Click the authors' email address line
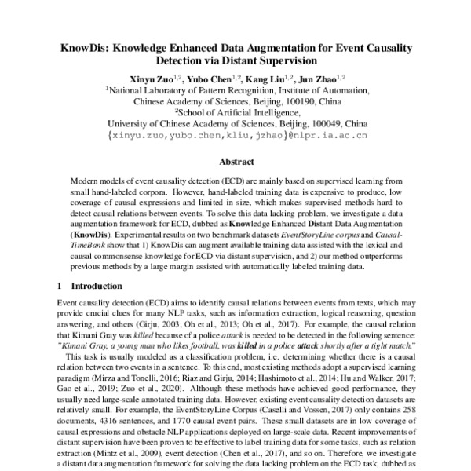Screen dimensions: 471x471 (236, 134)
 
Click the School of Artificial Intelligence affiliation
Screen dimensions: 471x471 (236, 112)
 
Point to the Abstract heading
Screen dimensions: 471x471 (235, 162)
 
